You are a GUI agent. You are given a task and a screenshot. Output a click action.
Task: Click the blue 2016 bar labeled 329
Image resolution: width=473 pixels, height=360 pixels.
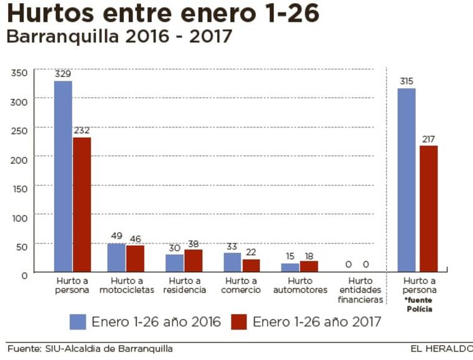click(x=63, y=177)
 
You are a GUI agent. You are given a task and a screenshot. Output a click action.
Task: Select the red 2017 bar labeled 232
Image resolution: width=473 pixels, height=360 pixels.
click(x=82, y=205)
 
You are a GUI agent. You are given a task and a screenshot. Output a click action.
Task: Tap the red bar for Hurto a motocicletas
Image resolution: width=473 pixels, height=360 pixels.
click(x=134, y=259)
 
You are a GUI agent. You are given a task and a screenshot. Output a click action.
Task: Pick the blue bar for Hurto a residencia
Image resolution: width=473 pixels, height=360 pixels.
click(x=174, y=263)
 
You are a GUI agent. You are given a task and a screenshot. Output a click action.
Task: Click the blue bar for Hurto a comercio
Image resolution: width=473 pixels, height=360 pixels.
click(x=232, y=262)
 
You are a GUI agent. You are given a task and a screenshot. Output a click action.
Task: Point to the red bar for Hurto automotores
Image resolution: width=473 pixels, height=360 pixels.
click(x=309, y=266)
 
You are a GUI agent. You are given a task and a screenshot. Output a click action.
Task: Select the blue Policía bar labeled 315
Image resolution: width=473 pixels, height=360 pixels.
click(x=406, y=180)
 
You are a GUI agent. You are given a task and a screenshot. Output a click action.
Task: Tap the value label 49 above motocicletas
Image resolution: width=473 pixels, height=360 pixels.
click(x=116, y=236)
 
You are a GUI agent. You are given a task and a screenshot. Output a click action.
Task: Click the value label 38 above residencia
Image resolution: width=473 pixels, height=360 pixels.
click(x=193, y=244)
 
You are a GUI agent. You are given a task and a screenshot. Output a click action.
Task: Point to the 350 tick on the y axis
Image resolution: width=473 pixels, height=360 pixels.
click(x=19, y=73)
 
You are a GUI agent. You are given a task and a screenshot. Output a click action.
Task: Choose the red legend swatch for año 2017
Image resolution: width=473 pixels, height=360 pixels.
click(x=240, y=321)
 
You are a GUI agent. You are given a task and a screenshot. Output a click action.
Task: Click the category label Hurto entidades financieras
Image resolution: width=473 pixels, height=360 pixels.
click(x=360, y=290)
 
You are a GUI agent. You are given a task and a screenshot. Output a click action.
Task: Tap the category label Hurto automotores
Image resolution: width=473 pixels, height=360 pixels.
click(x=299, y=285)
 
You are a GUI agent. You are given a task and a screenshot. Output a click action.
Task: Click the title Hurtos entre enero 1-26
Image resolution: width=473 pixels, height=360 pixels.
click(x=164, y=14)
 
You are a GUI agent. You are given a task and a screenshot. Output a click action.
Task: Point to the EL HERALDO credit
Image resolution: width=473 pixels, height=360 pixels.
click(x=441, y=348)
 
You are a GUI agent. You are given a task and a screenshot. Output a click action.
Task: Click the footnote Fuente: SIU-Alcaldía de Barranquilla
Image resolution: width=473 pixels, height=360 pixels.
click(x=90, y=348)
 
